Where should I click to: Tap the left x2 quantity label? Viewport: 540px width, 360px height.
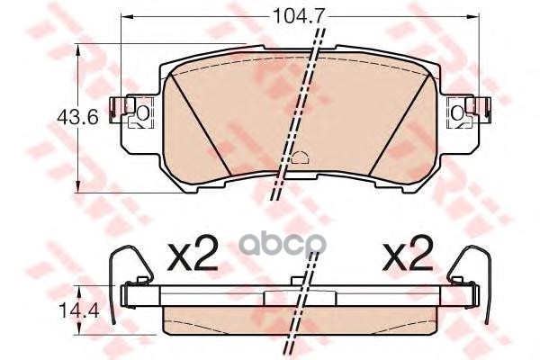[x=193, y=256]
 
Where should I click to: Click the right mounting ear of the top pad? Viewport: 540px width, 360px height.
[x=469, y=113]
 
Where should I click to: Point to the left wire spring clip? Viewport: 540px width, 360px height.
[x=112, y=279]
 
